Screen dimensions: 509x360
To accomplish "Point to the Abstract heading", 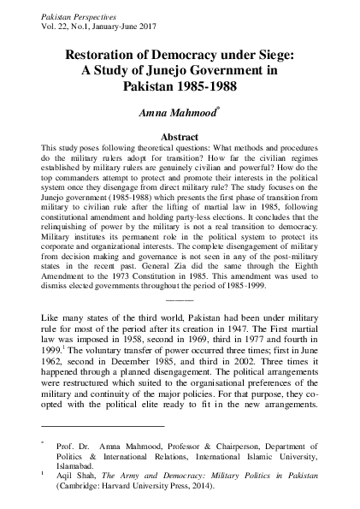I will (180, 136).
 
